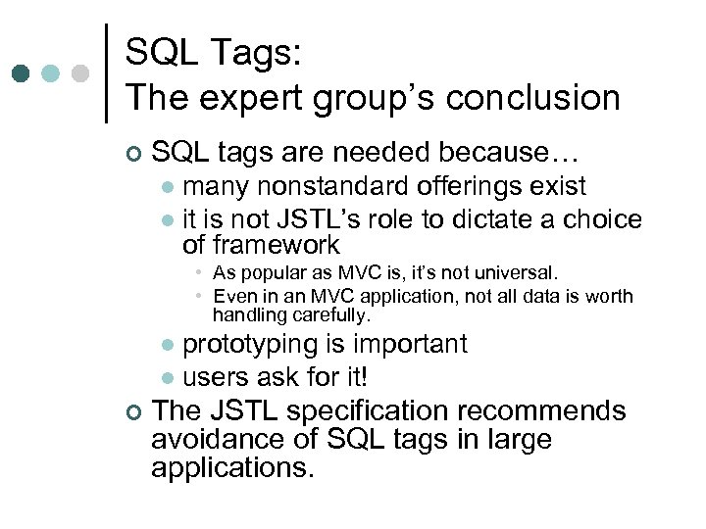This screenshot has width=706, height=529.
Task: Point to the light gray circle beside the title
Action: pyautogui.click(x=81, y=73)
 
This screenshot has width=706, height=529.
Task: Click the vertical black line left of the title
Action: pyautogui.click(x=106, y=73)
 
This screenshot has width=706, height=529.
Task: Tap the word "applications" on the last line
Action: pyautogui.click(x=230, y=467)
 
